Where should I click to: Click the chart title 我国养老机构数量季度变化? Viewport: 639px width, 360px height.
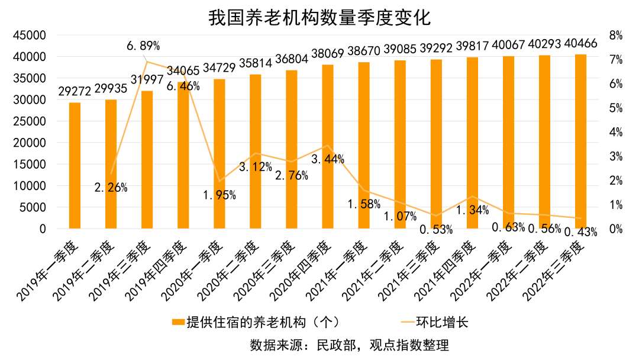coord(319,17)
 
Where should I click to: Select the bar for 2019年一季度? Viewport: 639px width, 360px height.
coord(75,166)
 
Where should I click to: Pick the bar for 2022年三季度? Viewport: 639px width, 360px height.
coord(580,142)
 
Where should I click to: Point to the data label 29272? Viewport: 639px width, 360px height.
coord(75,91)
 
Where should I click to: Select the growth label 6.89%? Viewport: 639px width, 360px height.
coord(143,46)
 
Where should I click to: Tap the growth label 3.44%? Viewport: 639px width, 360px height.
coord(327,159)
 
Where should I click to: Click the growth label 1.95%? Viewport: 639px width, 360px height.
coord(219,195)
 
